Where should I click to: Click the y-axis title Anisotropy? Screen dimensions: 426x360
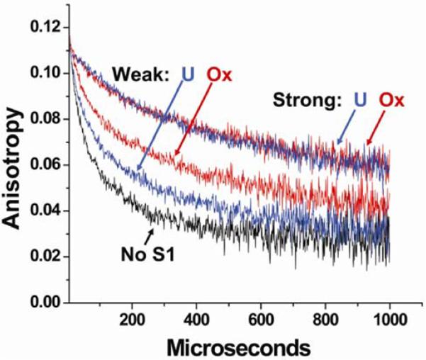(x=12, y=169)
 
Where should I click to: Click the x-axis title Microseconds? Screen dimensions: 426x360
(x=238, y=348)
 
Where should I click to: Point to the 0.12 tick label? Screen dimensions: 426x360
(x=45, y=27)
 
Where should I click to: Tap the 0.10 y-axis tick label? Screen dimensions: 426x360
(x=45, y=74)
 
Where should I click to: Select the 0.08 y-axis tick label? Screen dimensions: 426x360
(x=45, y=119)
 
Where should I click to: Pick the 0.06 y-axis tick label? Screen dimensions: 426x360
(x=45, y=165)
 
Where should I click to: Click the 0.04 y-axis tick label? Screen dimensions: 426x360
(x=45, y=211)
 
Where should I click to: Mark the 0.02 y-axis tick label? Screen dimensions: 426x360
(x=45, y=257)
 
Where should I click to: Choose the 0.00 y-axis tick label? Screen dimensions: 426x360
(x=45, y=303)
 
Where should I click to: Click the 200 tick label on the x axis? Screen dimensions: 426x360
(x=132, y=320)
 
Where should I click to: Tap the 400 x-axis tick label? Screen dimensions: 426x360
(x=196, y=320)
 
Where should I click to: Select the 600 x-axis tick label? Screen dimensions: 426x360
(x=261, y=320)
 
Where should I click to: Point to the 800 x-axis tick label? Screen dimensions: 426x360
(x=325, y=320)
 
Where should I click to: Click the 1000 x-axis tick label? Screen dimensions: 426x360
(x=390, y=320)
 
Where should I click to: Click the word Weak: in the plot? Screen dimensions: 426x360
(x=141, y=74)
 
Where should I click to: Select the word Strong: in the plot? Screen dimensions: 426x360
(x=308, y=100)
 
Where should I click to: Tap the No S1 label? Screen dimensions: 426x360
(x=148, y=254)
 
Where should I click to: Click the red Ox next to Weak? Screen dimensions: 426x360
(x=219, y=74)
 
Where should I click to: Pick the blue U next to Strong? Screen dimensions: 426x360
(x=360, y=99)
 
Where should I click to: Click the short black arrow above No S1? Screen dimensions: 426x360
(x=149, y=237)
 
